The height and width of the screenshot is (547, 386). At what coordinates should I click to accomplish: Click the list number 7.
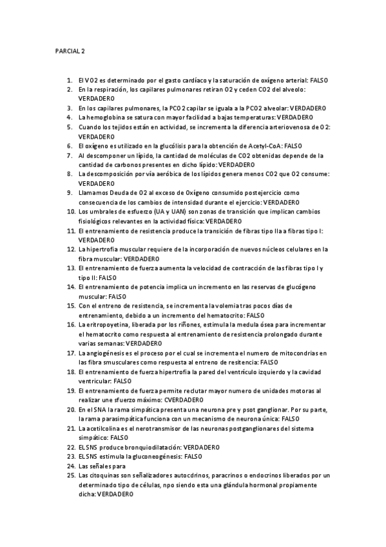[x=70, y=155]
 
